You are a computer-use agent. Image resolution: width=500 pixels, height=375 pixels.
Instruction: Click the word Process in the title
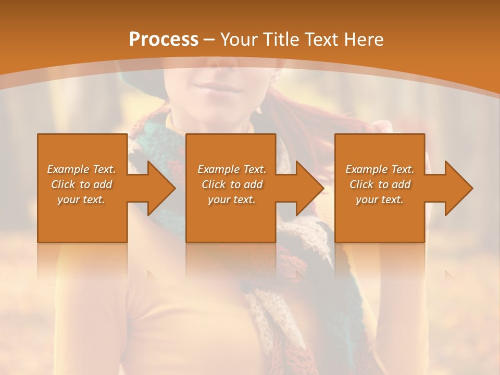click(x=164, y=40)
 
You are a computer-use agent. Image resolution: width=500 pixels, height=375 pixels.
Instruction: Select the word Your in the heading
click(x=238, y=40)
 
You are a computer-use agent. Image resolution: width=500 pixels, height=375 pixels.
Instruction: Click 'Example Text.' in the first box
click(x=82, y=169)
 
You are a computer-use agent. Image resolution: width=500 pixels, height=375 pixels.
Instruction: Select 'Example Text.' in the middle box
click(x=232, y=169)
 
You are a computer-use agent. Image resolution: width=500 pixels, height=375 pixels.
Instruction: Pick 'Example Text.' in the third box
click(x=380, y=169)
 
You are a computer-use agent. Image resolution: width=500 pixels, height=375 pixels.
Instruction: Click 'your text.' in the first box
click(x=81, y=199)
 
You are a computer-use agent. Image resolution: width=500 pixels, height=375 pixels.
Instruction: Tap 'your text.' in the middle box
click(x=231, y=199)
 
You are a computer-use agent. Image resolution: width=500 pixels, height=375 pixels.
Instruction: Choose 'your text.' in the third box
click(x=379, y=199)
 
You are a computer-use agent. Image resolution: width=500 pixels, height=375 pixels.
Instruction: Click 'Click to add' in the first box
click(x=82, y=184)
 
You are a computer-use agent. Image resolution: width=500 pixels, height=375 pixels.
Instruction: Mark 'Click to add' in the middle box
click(x=232, y=184)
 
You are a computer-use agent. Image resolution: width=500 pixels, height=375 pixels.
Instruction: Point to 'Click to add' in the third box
click(x=380, y=184)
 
